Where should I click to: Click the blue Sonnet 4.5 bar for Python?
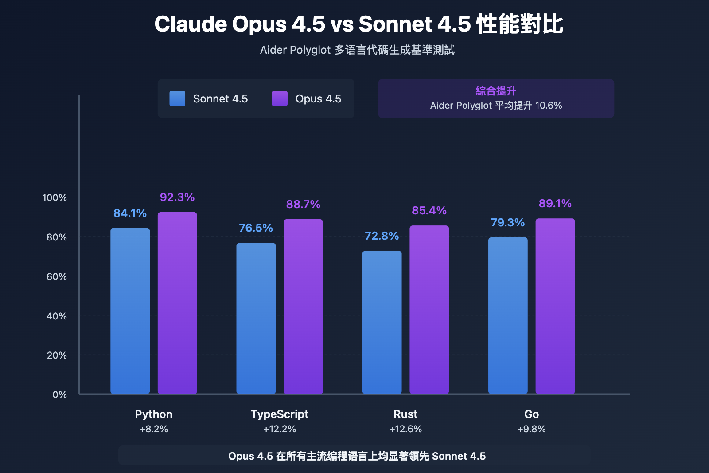(130, 311)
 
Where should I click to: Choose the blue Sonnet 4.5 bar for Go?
(508, 315)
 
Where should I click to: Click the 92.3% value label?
(177, 197)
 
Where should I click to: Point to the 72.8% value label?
(382, 236)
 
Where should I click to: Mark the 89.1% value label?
(555, 203)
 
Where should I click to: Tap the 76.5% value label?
(256, 228)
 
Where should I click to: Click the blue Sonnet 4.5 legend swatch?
(177, 99)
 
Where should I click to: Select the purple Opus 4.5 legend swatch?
(280, 99)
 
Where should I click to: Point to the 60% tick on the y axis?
(57, 277)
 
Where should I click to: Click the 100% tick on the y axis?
(55, 198)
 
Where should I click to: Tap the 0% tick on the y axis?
(59, 395)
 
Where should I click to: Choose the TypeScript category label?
(280, 414)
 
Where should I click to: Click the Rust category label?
(405, 414)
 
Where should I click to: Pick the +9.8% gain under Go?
(531, 429)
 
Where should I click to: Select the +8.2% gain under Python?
(153, 429)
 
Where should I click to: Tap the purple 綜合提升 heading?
(496, 91)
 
